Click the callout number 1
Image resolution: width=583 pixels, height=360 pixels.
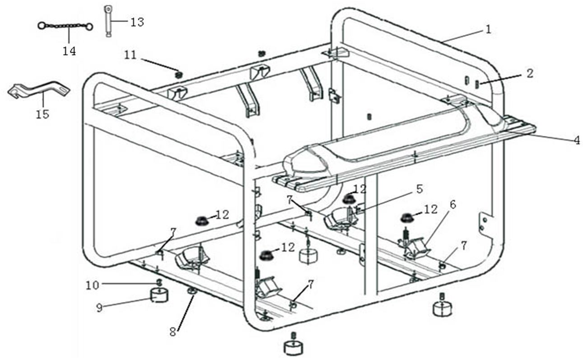pyautogui.click(x=488, y=30)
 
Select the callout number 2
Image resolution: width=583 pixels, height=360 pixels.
pyautogui.click(x=529, y=73)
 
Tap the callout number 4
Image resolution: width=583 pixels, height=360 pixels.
pyautogui.click(x=577, y=140)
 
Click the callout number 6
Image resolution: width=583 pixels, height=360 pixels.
pyautogui.click(x=453, y=204)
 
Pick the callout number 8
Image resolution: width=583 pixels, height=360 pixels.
pyautogui.click(x=173, y=332)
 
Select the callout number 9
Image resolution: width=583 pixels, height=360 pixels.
pyautogui.click(x=99, y=307)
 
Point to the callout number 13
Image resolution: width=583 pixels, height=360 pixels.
pyautogui.click(x=137, y=22)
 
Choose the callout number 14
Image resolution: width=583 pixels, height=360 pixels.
pyautogui.click(x=69, y=51)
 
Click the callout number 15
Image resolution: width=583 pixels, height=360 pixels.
pyautogui.click(x=42, y=115)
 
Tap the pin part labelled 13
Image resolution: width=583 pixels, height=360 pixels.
pyautogui.click(x=108, y=20)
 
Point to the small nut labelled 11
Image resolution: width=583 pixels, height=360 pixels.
pyautogui.click(x=178, y=73)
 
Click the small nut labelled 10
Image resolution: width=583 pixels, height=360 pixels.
pyautogui.click(x=159, y=283)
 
